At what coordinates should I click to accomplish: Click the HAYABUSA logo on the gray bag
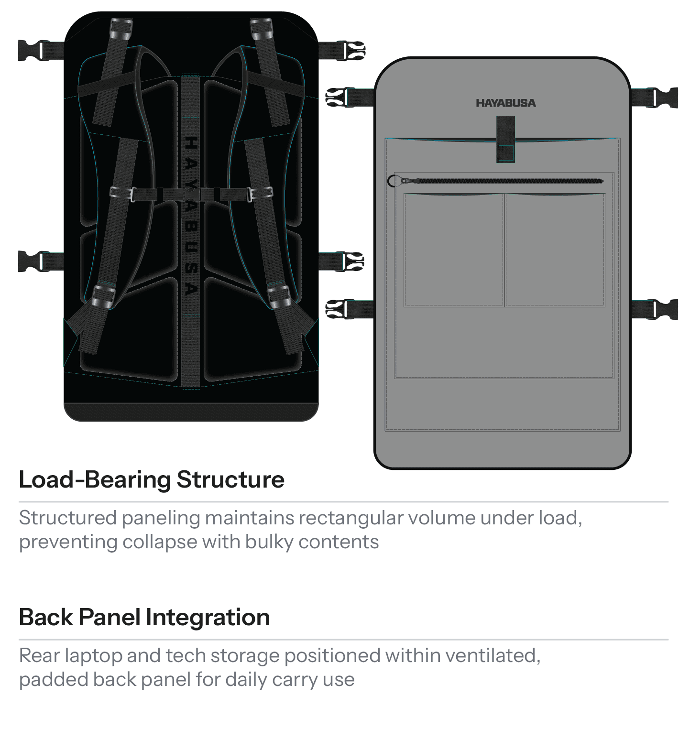[505, 103]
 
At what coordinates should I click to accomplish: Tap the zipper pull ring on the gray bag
[393, 181]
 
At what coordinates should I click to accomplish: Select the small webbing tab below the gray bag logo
[505, 139]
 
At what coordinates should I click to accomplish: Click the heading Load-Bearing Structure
[152, 479]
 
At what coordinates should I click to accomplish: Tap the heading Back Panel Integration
[144, 617]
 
